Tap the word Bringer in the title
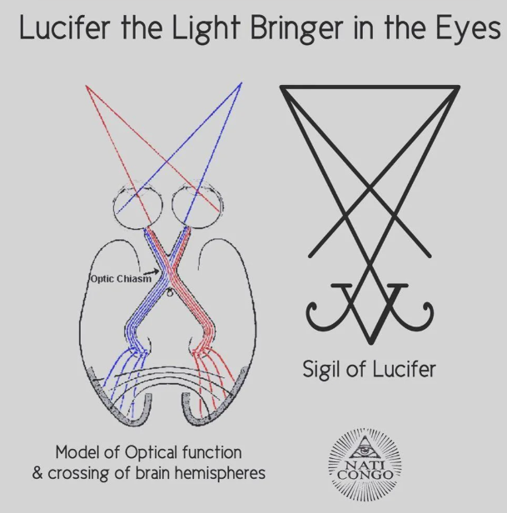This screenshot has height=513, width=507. click(x=273, y=30)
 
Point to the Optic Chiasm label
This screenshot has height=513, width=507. click(x=121, y=279)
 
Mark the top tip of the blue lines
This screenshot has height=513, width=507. click(x=241, y=83)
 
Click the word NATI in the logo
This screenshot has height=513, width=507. click(x=367, y=462)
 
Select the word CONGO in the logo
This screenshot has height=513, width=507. click(x=367, y=475)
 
